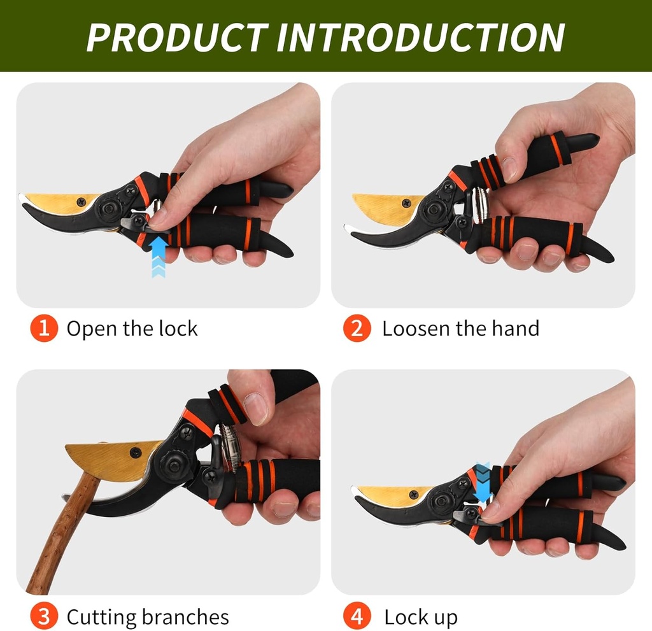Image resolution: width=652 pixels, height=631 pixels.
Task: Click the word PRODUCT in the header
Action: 175,37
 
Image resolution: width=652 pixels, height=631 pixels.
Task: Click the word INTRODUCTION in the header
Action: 420,37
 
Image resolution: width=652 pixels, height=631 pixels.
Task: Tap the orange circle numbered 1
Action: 44,329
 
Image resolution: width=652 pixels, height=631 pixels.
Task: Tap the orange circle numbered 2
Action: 357,329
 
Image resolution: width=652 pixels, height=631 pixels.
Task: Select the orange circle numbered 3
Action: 44,617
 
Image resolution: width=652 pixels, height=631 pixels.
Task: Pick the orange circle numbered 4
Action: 357,617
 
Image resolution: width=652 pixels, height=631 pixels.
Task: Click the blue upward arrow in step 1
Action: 159,255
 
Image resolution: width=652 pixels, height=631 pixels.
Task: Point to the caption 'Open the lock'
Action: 132,329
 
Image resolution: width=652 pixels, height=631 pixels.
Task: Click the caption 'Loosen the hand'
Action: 460,329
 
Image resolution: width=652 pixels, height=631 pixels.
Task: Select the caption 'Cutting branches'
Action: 147,617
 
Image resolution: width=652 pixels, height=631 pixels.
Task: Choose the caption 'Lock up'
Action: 420,617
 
